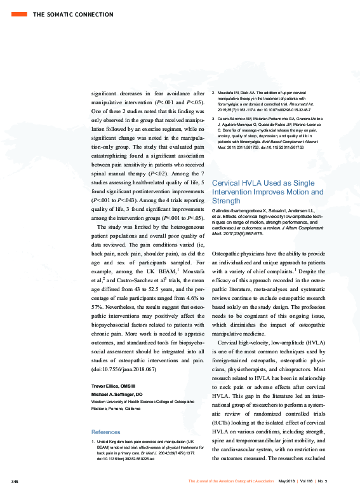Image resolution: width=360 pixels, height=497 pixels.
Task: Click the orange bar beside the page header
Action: click(x=20, y=13)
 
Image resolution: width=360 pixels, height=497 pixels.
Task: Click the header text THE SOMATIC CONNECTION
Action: click(x=70, y=13)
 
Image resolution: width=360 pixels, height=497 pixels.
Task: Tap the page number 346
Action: click(x=15, y=481)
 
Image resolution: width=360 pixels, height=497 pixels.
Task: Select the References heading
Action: click(x=107, y=432)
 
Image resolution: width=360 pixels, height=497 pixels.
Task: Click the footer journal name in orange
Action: click(x=231, y=481)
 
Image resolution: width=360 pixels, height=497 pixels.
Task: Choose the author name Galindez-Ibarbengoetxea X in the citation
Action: click(x=241, y=208)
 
